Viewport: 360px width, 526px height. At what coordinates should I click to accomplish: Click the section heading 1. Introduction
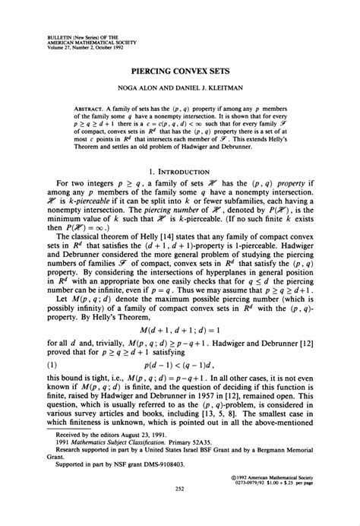point(180,173)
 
